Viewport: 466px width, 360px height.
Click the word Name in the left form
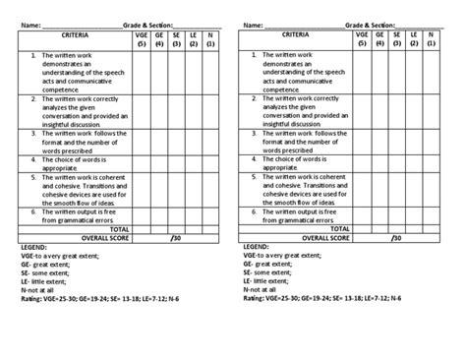27,24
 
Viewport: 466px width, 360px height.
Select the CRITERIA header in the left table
75,34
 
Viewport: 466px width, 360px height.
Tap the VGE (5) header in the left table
142,39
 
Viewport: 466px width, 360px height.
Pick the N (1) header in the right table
430,39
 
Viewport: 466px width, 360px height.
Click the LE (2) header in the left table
194,39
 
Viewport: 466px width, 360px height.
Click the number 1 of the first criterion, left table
34,57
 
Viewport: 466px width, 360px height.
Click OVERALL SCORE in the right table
329,237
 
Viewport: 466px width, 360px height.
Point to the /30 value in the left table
176,237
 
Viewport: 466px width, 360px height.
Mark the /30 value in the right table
396,237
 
